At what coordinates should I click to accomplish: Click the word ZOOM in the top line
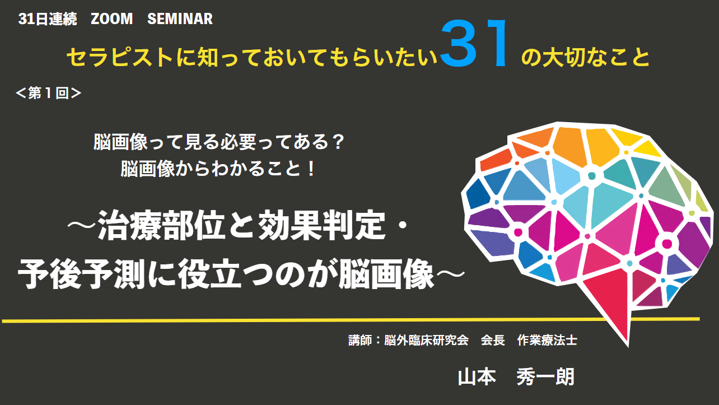point(111,19)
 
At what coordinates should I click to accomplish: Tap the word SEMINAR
point(180,19)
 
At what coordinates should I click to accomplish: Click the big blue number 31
point(474,43)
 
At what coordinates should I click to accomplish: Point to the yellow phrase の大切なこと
point(586,58)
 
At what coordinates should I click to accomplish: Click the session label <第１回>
point(49,93)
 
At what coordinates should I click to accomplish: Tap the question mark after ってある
point(337,142)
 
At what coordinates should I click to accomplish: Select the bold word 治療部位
point(161,225)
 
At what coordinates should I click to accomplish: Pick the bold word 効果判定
point(321,225)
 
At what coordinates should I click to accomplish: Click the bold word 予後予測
point(82,274)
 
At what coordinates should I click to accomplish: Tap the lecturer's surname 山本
point(477,377)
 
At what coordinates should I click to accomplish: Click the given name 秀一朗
point(545,377)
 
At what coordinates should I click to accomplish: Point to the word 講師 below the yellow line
point(360,340)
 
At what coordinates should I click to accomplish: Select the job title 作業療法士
point(547,340)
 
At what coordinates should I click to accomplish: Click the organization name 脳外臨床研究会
point(426,340)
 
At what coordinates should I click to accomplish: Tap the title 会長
point(493,340)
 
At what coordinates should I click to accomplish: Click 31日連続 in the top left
point(48,19)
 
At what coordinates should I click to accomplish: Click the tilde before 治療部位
point(82,225)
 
